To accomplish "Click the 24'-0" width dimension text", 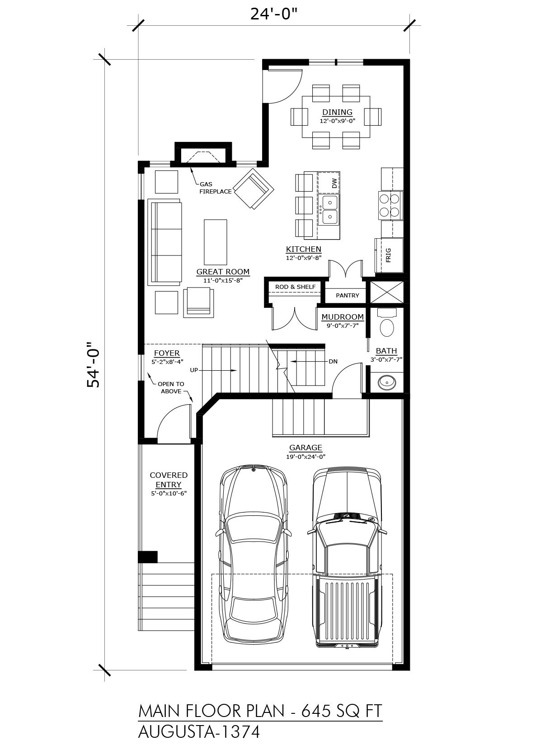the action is pos(274,14).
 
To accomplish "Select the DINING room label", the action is pos(337,113).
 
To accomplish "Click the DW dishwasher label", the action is pos(334,183).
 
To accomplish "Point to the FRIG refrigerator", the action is pos(389,255).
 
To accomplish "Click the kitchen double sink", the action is pos(329,210).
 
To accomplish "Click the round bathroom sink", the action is pos(387,382).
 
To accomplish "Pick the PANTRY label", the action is pos(348,295).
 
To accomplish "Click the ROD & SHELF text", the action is pos(295,287).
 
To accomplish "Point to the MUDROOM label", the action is pos(343,317).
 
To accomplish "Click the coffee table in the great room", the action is pos(216,242).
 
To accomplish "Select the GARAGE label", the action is pos(305,448).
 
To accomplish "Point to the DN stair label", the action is pos(333,362).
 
